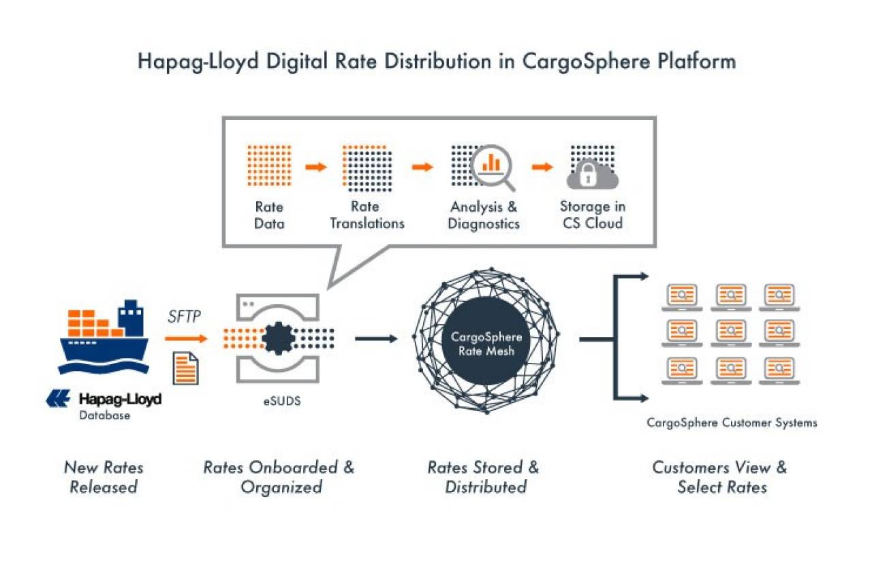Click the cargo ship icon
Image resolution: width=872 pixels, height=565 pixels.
[x=104, y=336]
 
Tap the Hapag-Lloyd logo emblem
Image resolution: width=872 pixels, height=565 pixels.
[x=58, y=398]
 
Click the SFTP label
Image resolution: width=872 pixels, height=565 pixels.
[x=184, y=317]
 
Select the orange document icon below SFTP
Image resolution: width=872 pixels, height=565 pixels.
[x=186, y=368]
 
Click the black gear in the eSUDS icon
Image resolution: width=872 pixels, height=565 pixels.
[x=279, y=338]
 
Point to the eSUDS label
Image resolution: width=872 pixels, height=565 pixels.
[x=282, y=401]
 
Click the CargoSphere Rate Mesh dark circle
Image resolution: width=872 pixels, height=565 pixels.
[x=486, y=341]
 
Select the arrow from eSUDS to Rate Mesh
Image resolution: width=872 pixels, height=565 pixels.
[x=376, y=339]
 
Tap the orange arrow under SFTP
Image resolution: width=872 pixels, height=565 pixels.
[x=186, y=338]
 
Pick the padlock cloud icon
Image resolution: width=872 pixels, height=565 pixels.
[x=593, y=175]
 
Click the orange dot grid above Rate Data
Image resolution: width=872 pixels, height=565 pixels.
[x=269, y=166]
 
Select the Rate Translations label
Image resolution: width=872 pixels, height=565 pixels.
[x=367, y=215]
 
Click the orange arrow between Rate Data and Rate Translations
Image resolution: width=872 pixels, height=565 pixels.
[x=316, y=167]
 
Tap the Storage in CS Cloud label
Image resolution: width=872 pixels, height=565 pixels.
[x=593, y=215]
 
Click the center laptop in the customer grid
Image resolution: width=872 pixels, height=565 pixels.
[x=731, y=333]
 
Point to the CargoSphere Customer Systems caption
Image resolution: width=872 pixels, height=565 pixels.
[x=732, y=423]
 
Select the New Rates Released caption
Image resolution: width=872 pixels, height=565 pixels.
[x=104, y=477]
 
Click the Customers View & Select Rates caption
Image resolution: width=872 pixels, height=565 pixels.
[x=720, y=477]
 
